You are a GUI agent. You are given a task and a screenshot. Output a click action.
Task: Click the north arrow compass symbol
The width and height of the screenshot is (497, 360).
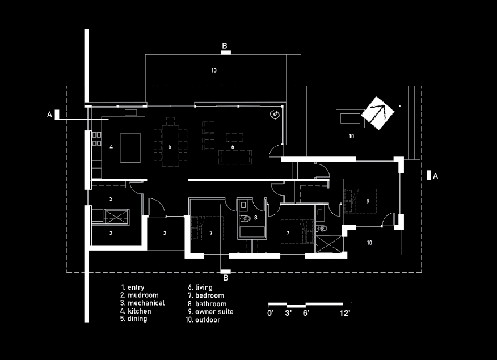tap(377, 113)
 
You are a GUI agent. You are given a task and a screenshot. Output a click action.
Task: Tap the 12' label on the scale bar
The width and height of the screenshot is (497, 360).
tap(345, 314)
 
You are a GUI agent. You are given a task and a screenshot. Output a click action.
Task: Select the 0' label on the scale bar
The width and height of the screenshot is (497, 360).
tap(271, 314)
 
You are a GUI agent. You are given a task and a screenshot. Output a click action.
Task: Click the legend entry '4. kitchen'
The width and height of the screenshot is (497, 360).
tap(136, 311)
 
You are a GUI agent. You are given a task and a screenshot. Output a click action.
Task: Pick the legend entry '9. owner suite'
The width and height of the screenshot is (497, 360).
tap(210, 312)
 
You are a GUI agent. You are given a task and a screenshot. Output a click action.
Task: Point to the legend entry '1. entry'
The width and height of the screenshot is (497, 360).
tap(133, 287)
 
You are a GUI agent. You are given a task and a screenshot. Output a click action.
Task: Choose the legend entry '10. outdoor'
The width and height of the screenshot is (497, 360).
tap(203, 320)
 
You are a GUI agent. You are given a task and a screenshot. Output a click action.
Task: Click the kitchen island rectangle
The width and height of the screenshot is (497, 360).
tap(130, 148)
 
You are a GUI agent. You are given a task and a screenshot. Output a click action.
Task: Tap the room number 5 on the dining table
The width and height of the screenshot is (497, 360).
tap(170, 147)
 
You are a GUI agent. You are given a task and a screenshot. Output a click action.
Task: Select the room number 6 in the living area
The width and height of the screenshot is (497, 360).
tap(233, 147)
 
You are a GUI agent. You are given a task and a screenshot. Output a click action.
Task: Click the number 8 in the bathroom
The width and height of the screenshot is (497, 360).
tap(256, 218)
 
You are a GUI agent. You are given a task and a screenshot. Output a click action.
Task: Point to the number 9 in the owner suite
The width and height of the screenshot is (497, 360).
tap(368, 201)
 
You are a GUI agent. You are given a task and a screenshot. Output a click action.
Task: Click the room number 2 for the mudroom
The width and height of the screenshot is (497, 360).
tap(111, 199)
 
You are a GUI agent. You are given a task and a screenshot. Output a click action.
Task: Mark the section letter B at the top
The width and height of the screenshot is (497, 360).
tap(225, 46)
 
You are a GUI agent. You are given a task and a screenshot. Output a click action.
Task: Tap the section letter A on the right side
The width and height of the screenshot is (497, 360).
tap(435, 176)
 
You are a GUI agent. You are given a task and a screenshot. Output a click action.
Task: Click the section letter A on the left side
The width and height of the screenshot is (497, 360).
tap(49, 115)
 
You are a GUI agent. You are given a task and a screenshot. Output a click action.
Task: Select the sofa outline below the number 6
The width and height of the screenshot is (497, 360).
tap(235, 157)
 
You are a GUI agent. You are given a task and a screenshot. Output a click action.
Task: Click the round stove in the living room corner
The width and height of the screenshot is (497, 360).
tap(275, 115)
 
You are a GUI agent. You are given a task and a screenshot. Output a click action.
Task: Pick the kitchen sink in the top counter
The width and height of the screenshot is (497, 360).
tap(130, 112)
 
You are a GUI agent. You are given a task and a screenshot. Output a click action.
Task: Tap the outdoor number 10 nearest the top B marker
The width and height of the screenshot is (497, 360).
tap(214, 70)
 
